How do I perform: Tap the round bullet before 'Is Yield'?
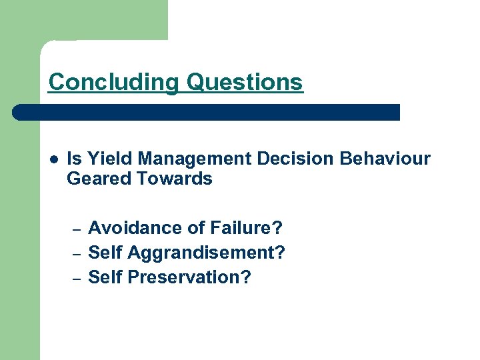pyautogui.click(x=53, y=159)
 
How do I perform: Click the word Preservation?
pyautogui.click(x=189, y=277)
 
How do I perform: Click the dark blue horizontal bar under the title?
pyautogui.click(x=207, y=112)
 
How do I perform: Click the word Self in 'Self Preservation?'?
pyautogui.click(x=105, y=277)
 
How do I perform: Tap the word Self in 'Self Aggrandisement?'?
pyautogui.click(x=105, y=253)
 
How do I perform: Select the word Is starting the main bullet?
pyautogui.click(x=74, y=159)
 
